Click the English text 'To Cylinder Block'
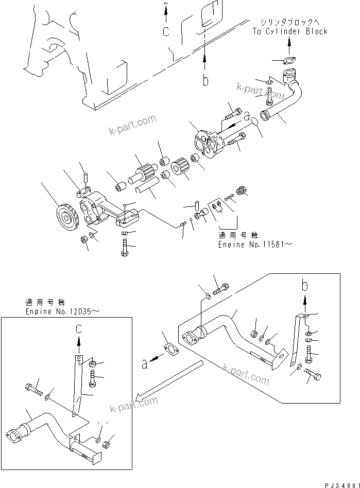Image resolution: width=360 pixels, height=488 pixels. click(x=289, y=31)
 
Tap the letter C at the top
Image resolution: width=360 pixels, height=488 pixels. click(x=166, y=31)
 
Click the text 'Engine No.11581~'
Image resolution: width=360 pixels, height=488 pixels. click(x=254, y=245)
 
